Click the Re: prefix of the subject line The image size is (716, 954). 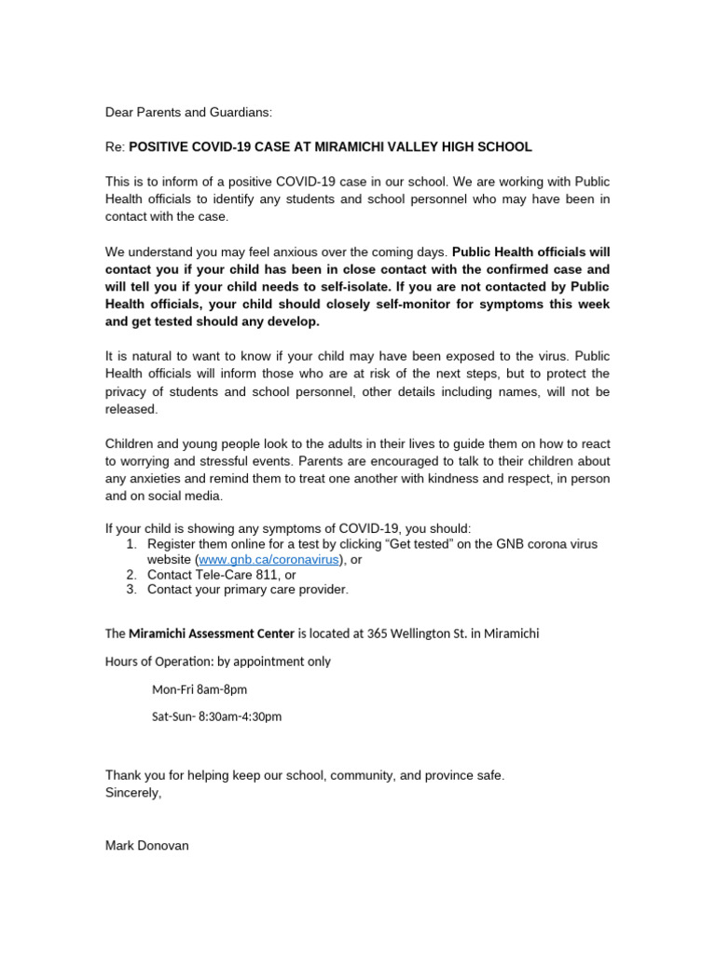[x=116, y=147]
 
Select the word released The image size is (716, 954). [x=131, y=409]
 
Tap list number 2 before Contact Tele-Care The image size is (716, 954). [x=131, y=575]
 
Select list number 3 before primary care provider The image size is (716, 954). [x=131, y=590]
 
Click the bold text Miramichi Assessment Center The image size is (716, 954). [x=211, y=634]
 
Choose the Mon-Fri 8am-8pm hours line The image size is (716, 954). [x=199, y=689]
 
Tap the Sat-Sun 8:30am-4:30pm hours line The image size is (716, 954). [x=216, y=716]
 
